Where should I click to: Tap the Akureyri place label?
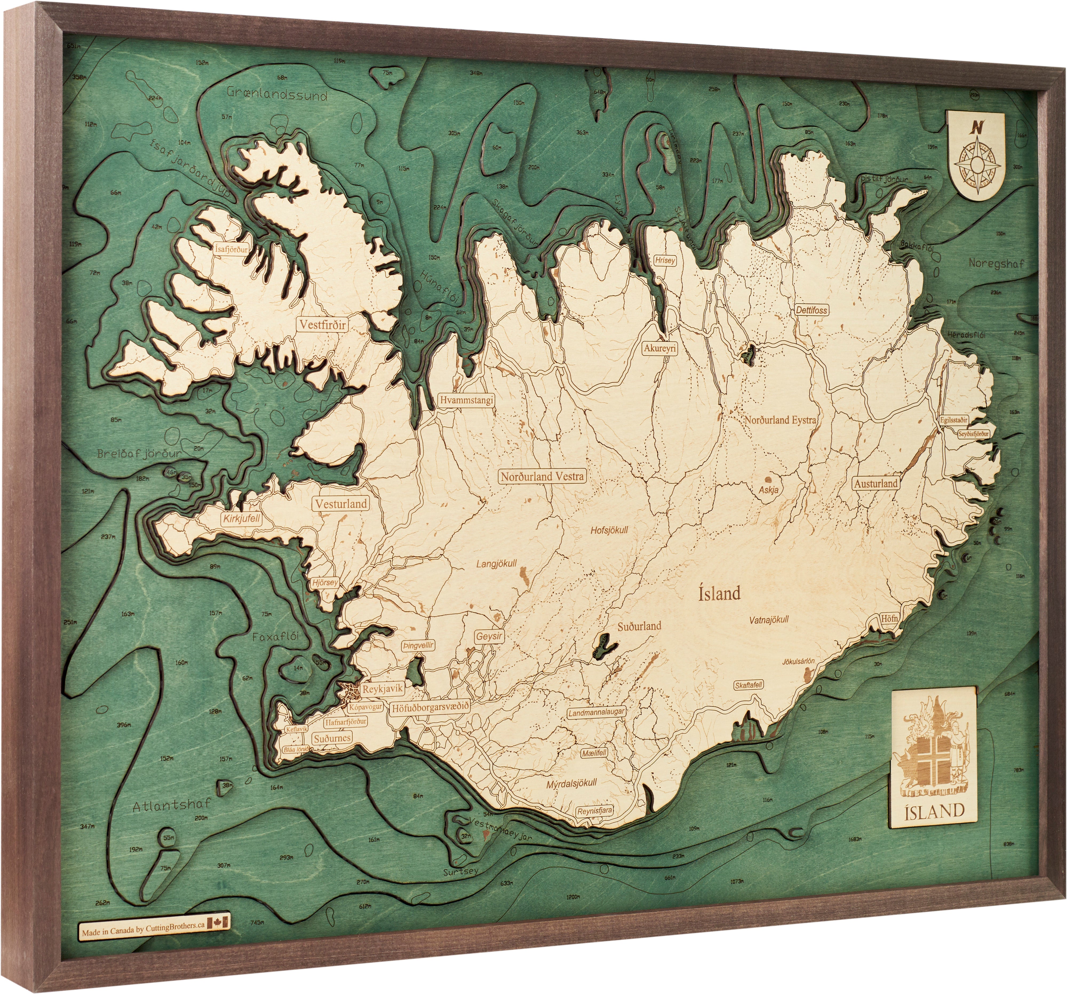click(660, 349)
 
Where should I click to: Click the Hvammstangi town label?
click(466, 400)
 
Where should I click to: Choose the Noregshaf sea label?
click(996, 264)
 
